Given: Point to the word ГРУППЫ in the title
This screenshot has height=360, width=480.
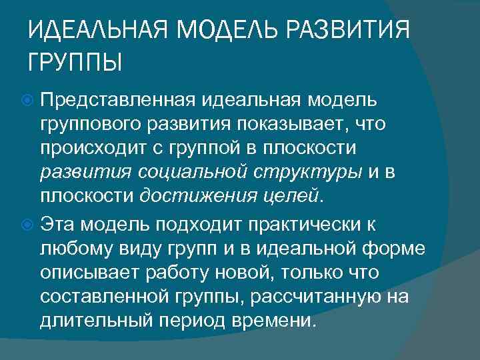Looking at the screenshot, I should pyautogui.click(x=75, y=64).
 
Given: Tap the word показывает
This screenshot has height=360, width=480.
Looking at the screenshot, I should pyautogui.click(x=301, y=123).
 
